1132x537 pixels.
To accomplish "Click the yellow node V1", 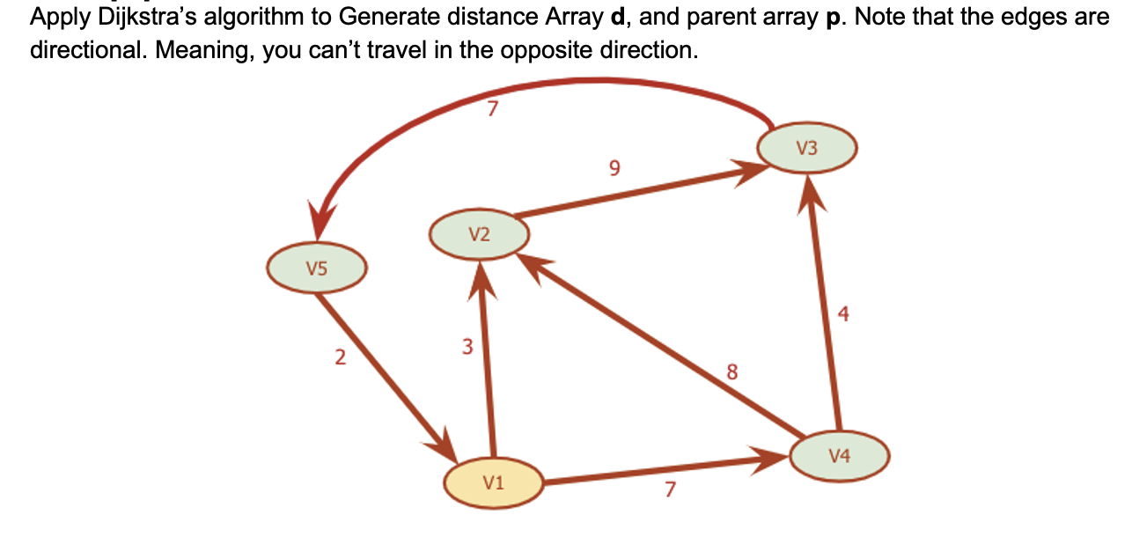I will click(492, 482).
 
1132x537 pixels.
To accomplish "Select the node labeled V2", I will click(479, 235).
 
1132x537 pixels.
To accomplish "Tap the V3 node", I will click(806, 149).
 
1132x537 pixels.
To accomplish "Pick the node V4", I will click(839, 456).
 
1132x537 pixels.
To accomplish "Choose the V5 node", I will click(317, 269).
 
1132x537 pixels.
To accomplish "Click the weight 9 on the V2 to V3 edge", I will click(614, 167).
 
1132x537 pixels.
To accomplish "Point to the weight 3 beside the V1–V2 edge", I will click(467, 347).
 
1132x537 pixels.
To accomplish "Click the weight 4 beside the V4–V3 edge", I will click(844, 314).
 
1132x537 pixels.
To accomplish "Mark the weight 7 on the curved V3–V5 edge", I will click(493, 109).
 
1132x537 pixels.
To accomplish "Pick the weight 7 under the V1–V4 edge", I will click(669, 490).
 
